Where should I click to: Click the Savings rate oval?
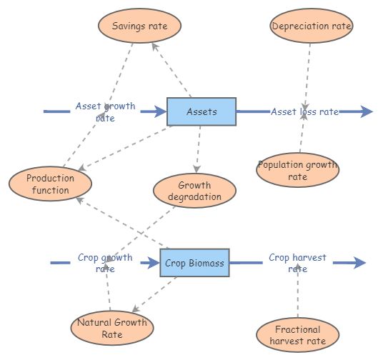pos(140,26)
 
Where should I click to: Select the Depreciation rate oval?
pos(312,26)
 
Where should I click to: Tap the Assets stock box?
pos(202,112)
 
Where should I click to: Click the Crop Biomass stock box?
pos(194,264)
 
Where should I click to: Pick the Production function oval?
pos(51,184)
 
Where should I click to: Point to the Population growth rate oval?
pos(297,170)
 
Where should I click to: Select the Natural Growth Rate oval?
pos(112,328)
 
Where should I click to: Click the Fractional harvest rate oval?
pos(297,334)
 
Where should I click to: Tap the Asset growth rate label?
pos(105,112)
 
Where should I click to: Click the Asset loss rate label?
pos(304,112)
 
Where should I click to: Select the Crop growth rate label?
pos(105,264)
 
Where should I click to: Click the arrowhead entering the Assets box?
pos(161,112)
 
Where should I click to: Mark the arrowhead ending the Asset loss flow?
pos(367,111)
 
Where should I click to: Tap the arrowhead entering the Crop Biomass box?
pos(154,264)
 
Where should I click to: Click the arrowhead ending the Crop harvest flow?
pos(360,263)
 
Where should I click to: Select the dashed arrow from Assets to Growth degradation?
pos(199,150)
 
